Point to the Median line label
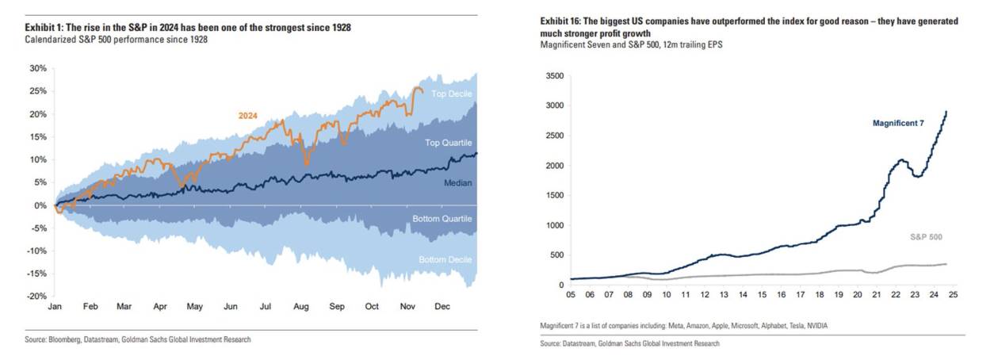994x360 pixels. click(x=457, y=183)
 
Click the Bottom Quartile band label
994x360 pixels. click(x=442, y=218)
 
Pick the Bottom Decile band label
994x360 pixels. click(x=444, y=259)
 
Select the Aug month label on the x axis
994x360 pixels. click(x=300, y=307)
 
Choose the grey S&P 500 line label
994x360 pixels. click(x=926, y=237)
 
